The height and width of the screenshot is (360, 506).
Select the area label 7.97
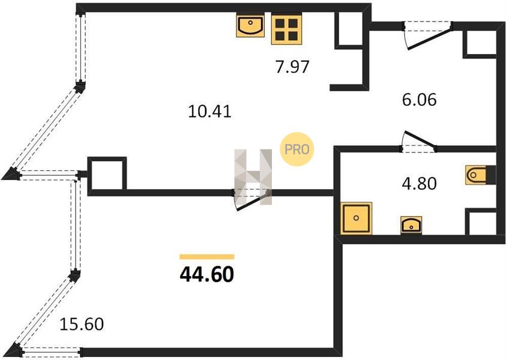tap(292, 67)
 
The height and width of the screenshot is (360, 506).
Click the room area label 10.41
tap(209, 112)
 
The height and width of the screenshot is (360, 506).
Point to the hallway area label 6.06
tap(420, 100)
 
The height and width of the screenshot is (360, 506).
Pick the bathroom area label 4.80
tap(420, 184)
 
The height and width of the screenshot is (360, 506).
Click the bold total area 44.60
tap(207, 275)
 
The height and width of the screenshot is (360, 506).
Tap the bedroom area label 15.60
tap(82, 324)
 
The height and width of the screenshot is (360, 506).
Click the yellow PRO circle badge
tap(297, 149)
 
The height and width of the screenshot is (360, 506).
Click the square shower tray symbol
tap(357, 218)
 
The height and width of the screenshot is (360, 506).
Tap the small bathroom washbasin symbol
tap(411, 225)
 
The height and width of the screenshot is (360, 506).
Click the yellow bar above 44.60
tap(207, 257)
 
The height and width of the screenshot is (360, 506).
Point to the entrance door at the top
tap(427, 35)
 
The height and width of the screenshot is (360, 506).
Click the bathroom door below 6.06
tap(418, 142)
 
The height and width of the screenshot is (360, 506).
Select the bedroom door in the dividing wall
tap(251, 199)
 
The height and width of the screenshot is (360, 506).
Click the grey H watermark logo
tap(253, 177)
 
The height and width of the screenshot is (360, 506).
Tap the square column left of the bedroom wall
tap(107, 175)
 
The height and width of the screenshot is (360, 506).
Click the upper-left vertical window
tap(80, 49)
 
